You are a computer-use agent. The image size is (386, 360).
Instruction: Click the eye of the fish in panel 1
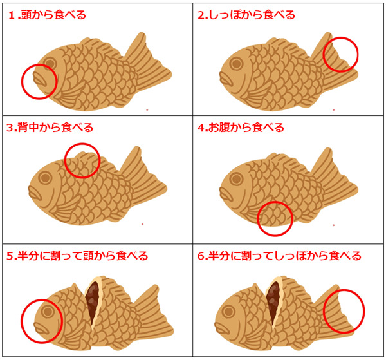(x=50, y=63)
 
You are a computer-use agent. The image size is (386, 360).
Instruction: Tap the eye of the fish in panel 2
(x=237, y=63)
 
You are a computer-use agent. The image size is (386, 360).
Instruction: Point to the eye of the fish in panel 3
(x=45, y=177)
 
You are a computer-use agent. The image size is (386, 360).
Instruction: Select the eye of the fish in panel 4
(x=237, y=179)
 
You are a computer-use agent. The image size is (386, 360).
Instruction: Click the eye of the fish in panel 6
(x=228, y=312)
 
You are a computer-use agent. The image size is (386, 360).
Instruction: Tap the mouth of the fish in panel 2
(x=226, y=79)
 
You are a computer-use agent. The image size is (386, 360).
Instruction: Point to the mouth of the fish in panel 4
(x=226, y=194)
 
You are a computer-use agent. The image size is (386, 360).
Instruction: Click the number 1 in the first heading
(x=12, y=15)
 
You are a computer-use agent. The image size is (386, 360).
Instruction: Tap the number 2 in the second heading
(x=201, y=15)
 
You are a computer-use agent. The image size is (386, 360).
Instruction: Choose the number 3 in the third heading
(x=10, y=128)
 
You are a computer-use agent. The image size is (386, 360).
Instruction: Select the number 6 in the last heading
(x=201, y=256)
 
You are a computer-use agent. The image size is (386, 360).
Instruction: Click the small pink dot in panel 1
(x=147, y=110)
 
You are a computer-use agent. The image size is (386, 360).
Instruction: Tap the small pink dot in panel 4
(x=333, y=225)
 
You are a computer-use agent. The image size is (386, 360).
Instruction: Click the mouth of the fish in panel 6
(x=221, y=327)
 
